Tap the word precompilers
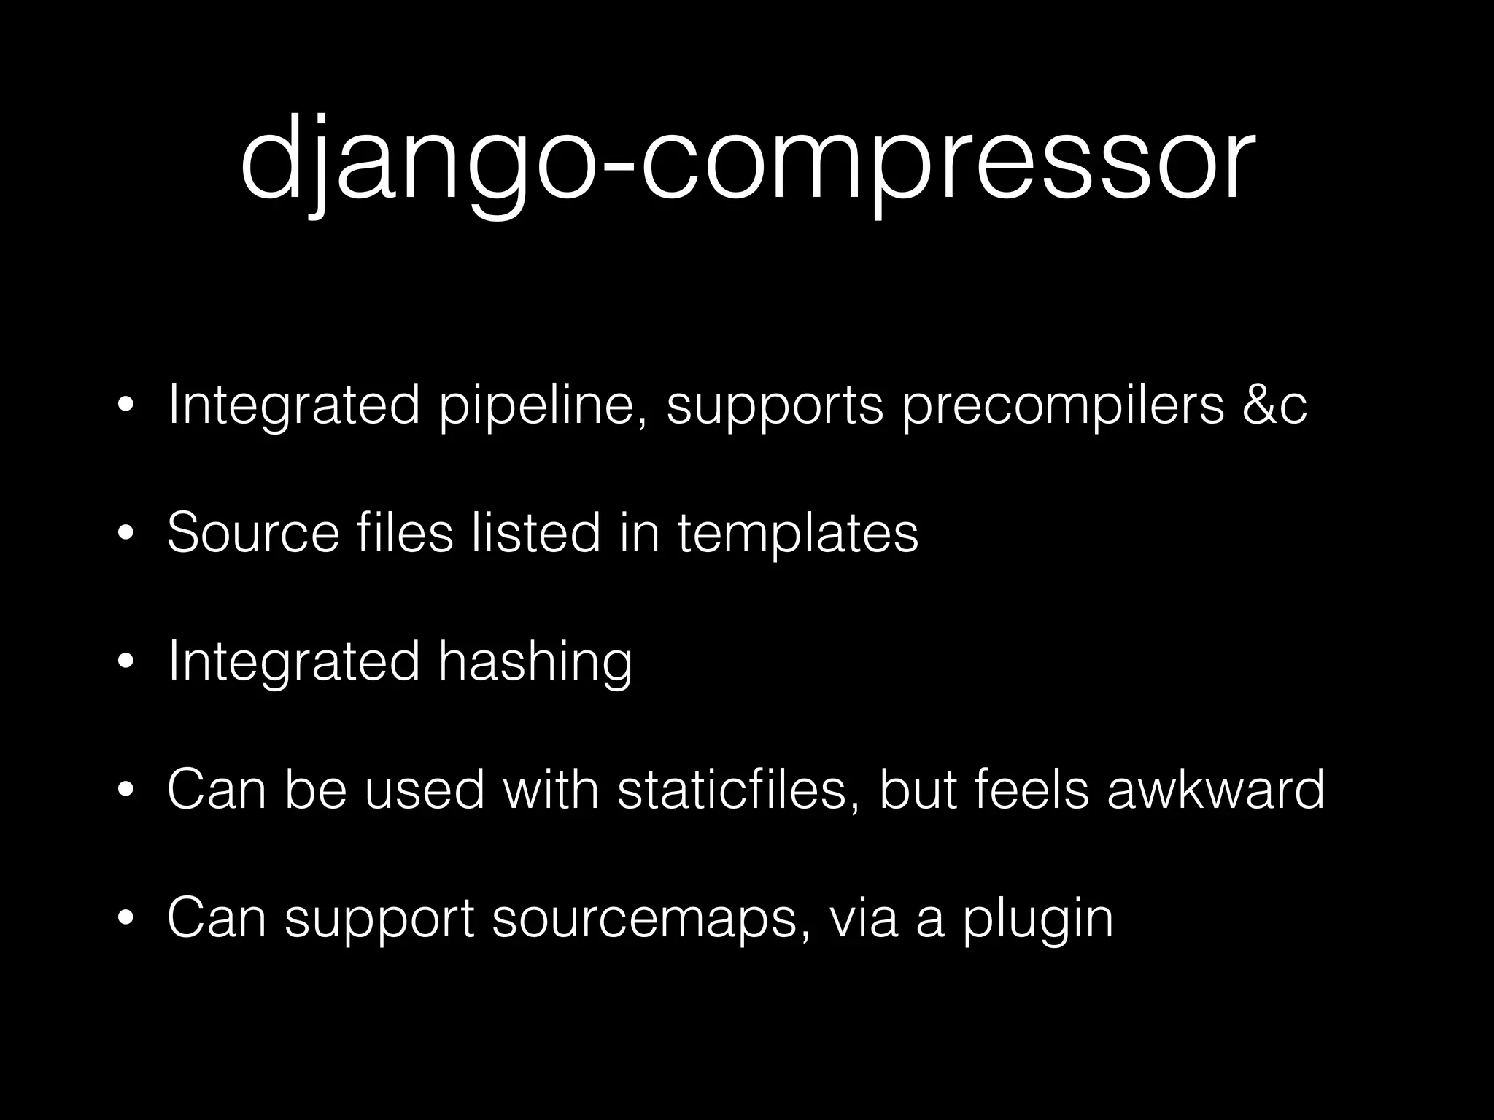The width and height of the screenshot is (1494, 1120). pos(1063,405)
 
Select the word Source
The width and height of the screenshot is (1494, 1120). pos(253,532)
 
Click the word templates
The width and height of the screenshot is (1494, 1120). pos(797,534)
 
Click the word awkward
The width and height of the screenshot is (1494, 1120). pos(1215,789)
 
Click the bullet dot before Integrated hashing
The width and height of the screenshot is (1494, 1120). pos(126,663)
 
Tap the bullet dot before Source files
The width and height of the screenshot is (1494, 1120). pos(126,534)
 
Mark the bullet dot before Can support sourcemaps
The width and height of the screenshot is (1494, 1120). pos(126,919)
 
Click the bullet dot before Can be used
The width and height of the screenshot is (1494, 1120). pos(126,791)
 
